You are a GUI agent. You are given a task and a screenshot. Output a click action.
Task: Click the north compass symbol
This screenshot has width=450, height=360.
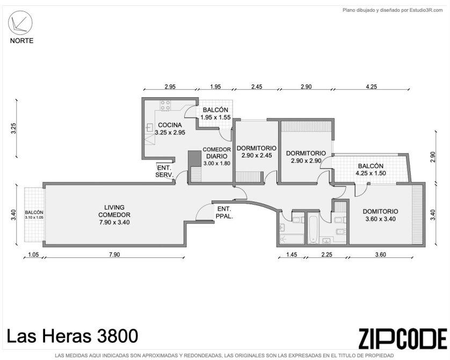(20, 23)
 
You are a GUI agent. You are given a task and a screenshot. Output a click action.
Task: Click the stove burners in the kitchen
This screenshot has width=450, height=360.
(165, 105)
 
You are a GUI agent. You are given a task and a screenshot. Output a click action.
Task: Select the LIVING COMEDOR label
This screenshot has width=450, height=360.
(114, 214)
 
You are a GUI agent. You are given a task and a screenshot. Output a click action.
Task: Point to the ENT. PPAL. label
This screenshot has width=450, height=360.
(224, 212)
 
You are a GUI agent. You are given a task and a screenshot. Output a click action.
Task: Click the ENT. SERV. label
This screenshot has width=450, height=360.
(164, 171)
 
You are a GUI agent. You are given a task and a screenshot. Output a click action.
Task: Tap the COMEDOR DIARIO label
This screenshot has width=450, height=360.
(217, 156)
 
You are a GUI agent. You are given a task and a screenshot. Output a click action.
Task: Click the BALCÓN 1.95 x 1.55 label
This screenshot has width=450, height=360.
(215, 113)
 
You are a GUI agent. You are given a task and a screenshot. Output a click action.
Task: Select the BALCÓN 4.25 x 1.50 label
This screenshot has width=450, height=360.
(371, 169)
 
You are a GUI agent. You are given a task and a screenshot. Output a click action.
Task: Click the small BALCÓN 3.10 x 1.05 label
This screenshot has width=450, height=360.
(34, 215)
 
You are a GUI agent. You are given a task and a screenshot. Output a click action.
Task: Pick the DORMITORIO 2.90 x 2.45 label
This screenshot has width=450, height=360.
(256, 152)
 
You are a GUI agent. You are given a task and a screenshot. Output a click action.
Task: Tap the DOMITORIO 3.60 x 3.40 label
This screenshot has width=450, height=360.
(380, 215)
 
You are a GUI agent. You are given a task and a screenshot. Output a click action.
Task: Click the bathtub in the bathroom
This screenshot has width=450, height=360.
(313, 229)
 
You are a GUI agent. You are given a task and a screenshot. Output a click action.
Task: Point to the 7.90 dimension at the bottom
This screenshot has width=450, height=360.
(114, 254)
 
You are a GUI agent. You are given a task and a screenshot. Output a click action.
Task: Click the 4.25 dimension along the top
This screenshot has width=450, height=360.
(372, 87)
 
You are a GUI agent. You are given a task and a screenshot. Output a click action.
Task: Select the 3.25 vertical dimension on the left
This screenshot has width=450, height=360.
(13, 128)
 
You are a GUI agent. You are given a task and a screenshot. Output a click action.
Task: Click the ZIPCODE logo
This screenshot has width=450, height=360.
(403, 339)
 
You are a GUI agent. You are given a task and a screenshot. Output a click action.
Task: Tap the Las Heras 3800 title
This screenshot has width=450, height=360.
(72, 336)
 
